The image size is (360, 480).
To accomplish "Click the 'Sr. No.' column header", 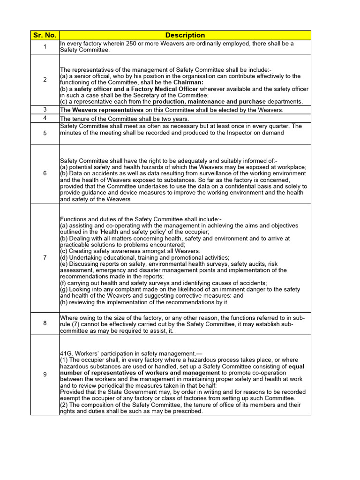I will [45, 35].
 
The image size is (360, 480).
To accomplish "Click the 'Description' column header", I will [185, 35].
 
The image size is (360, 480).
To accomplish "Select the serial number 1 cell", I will [45, 47].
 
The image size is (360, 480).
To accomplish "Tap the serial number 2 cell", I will [45, 80].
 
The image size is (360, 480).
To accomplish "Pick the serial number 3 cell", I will [45, 110].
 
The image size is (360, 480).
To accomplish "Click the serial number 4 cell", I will [45, 118].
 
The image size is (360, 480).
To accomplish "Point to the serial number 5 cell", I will [45, 133].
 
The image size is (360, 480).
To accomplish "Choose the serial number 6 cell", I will [45, 173].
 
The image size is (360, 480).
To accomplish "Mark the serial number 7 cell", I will [45, 257].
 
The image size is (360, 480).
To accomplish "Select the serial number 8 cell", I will [45, 323].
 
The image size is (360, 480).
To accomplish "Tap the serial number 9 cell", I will [45, 375].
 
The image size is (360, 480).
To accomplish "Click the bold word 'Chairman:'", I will [189, 82].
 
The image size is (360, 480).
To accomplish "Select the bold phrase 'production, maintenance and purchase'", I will [209, 102].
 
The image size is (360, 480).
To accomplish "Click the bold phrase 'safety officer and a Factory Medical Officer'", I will [144, 89].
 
